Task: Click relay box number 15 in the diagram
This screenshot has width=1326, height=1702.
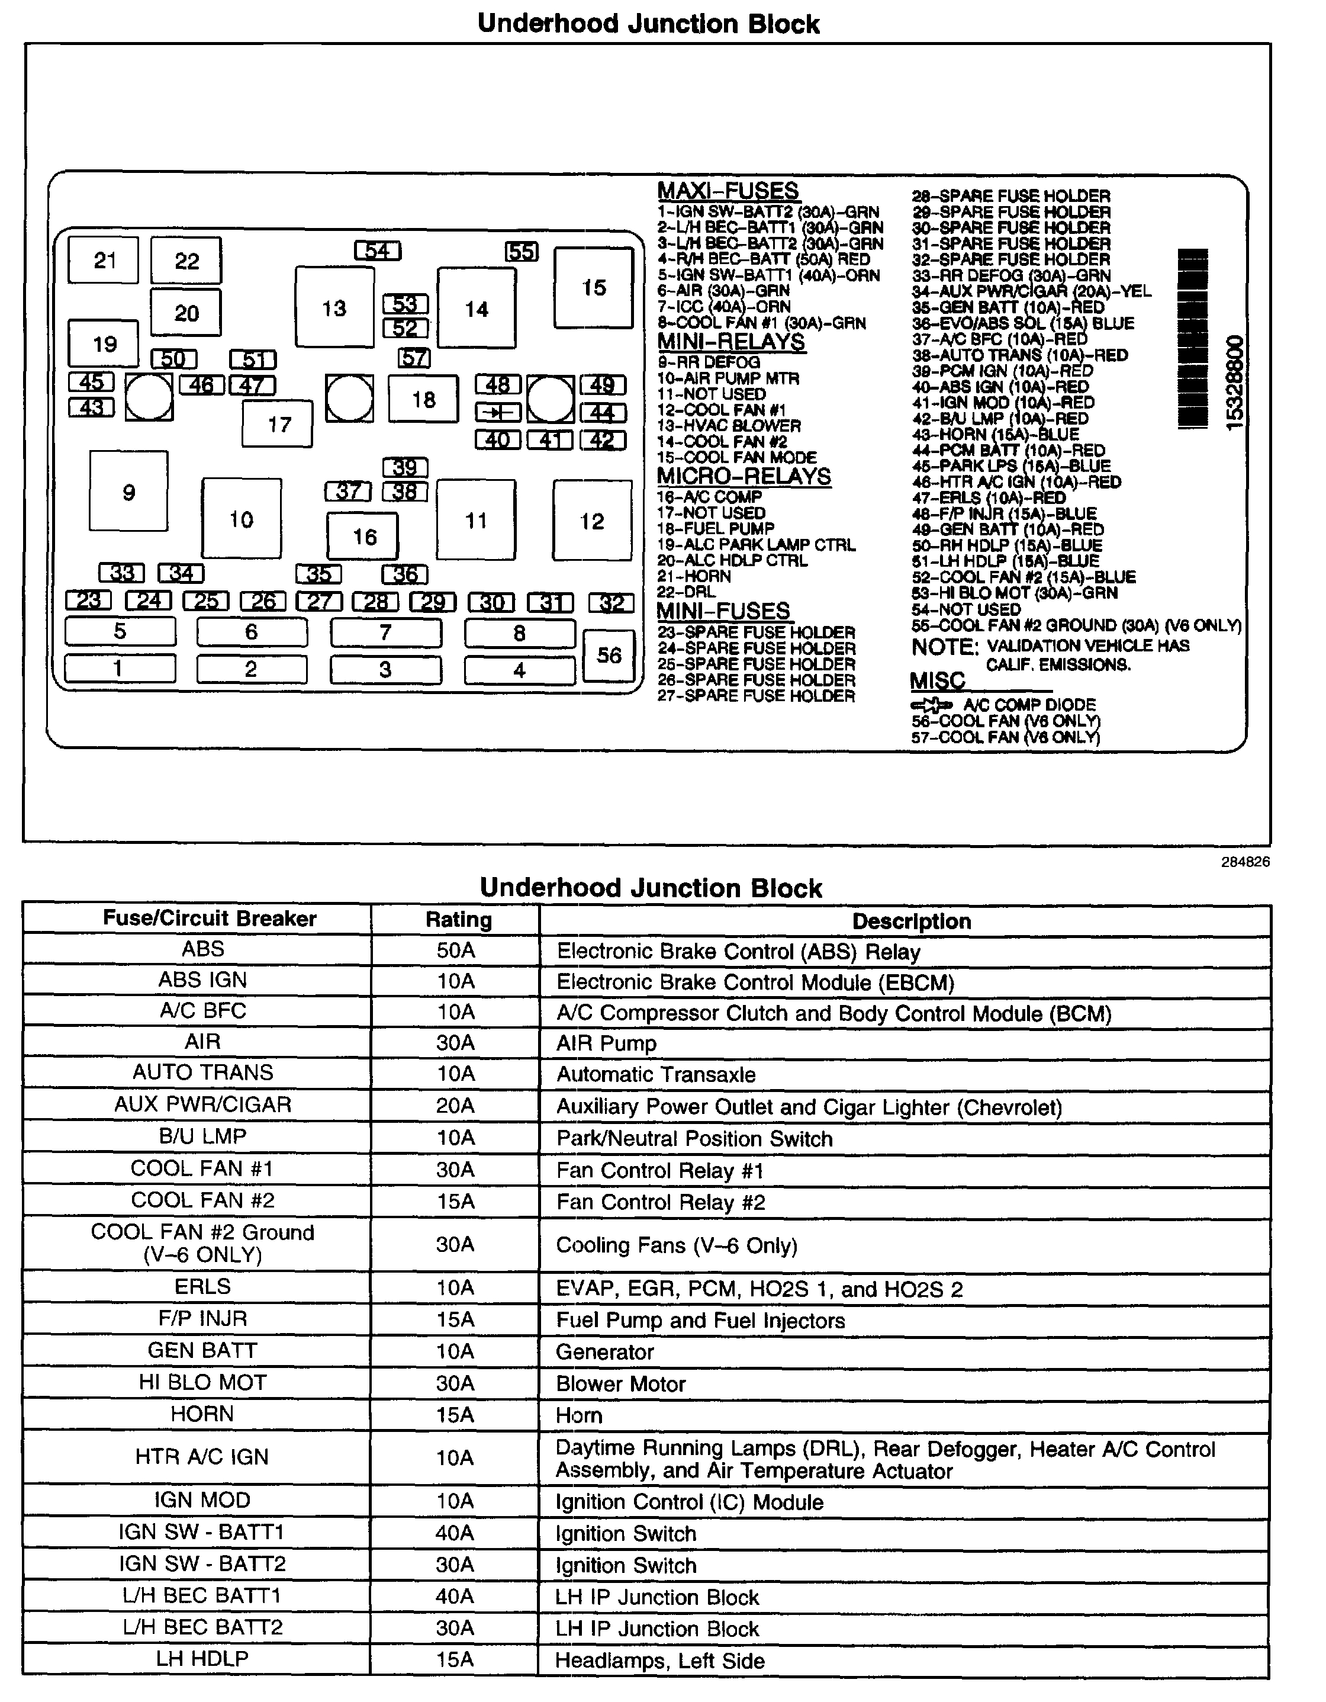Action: pyautogui.click(x=593, y=288)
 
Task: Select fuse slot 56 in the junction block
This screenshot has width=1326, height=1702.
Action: pyautogui.click(x=609, y=654)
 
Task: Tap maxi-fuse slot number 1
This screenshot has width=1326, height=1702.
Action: pyautogui.click(x=119, y=668)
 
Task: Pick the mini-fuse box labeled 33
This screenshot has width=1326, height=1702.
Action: pyautogui.click(x=121, y=573)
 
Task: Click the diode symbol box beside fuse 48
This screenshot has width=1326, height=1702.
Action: pyautogui.click(x=498, y=412)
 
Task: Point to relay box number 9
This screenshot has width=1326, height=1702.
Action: pyautogui.click(x=128, y=491)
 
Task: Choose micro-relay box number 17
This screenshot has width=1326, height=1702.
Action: pyautogui.click(x=278, y=424)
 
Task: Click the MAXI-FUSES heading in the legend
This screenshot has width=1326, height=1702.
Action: pyautogui.click(x=728, y=191)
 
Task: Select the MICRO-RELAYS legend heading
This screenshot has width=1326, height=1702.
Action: pyautogui.click(x=744, y=476)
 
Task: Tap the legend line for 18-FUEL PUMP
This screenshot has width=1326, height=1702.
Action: pyautogui.click(x=715, y=528)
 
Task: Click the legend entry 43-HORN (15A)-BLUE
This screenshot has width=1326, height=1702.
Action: pyautogui.click(x=995, y=434)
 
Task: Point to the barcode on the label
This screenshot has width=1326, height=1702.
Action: pyautogui.click(x=1193, y=338)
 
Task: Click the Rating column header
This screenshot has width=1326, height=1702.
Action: pyautogui.click(x=458, y=920)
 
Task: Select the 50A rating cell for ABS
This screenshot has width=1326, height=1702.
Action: pyautogui.click(x=456, y=950)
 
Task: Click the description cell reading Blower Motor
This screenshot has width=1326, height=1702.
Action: pyautogui.click(x=621, y=1384)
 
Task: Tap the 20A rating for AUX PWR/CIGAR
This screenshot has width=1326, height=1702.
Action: pyautogui.click(x=456, y=1106)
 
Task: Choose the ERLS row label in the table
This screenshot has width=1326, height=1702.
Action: pyautogui.click(x=202, y=1287)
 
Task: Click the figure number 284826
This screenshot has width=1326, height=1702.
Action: pyautogui.click(x=1245, y=862)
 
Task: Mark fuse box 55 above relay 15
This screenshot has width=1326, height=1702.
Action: pyautogui.click(x=521, y=252)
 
